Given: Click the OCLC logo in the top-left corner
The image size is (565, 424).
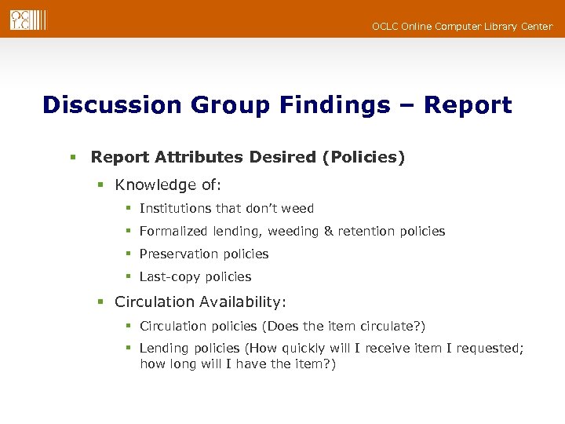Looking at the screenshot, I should point(27,20).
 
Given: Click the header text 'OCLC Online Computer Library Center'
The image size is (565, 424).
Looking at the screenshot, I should point(461,27).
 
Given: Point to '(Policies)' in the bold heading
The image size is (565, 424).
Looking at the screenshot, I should point(363,157).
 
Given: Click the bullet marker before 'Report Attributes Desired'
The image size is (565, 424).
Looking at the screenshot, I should point(72,158).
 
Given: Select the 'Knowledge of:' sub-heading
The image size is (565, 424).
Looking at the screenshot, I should point(168,185).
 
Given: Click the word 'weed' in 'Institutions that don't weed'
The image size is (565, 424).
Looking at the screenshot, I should point(298,209).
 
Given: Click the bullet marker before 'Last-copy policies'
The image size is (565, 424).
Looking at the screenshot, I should point(128,277).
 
